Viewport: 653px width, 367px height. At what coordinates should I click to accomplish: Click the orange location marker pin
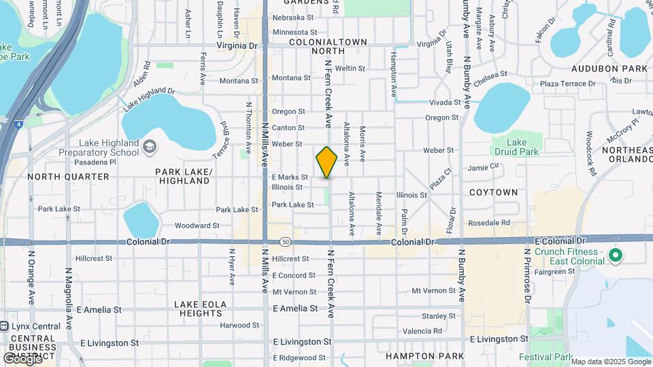click(x=326, y=162)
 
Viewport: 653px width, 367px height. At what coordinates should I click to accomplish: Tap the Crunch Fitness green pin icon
click(x=616, y=256)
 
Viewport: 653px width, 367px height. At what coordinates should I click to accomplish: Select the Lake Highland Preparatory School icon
click(x=150, y=145)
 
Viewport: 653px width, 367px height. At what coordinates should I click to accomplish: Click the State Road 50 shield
click(x=285, y=243)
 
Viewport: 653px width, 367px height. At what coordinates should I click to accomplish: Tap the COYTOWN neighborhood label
click(x=493, y=192)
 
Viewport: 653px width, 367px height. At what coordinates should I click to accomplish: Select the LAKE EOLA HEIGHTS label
click(x=198, y=309)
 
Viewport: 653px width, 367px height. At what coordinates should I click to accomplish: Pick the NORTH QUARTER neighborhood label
click(x=68, y=177)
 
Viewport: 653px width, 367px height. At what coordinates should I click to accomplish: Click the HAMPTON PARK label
click(x=415, y=355)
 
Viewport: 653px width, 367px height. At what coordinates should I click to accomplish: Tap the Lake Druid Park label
click(x=517, y=147)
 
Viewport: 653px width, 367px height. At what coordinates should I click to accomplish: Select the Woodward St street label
click(x=197, y=225)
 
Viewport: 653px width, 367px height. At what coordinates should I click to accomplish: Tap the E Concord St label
click(x=294, y=275)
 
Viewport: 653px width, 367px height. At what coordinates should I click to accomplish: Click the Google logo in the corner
click(x=22, y=358)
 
